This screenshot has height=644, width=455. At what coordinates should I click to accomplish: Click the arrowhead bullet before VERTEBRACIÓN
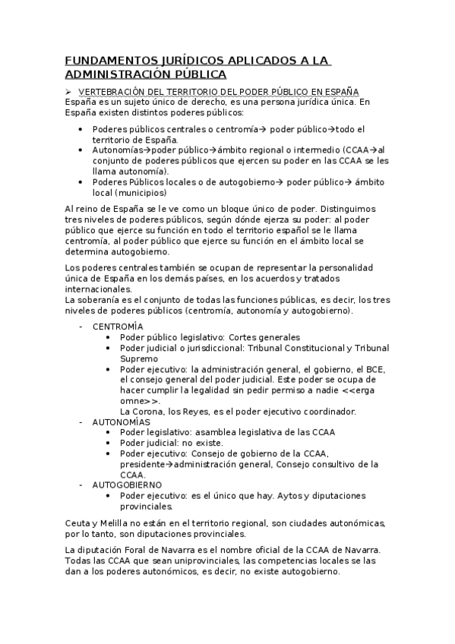tap(68, 90)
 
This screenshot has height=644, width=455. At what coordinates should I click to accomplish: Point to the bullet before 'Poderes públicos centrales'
tap(82, 129)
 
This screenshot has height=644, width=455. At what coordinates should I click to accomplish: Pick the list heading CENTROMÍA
tap(117, 326)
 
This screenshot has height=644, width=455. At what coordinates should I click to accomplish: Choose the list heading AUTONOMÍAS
tap(121, 421)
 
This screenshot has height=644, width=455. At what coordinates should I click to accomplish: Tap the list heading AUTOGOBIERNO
tap(126, 484)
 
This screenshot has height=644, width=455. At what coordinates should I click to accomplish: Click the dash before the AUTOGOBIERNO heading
tap(81, 484)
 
